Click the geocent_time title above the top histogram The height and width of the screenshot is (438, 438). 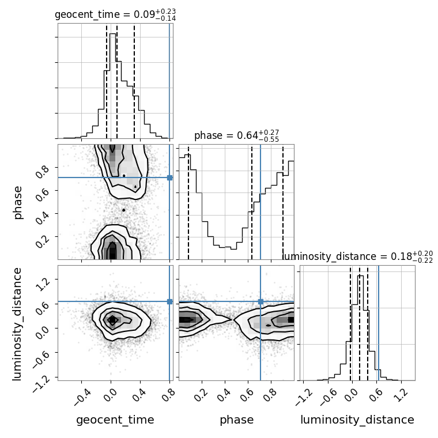115,14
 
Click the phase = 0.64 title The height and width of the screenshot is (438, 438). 237,136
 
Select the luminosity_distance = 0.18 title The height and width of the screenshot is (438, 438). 357,256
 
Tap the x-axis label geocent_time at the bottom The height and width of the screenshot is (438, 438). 115,420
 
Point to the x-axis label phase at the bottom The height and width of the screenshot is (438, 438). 237,420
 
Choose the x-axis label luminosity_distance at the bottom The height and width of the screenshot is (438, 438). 357,420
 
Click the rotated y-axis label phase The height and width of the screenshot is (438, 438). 18,203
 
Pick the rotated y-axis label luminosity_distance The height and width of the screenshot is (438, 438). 17,323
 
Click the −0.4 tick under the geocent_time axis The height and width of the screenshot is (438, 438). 83,397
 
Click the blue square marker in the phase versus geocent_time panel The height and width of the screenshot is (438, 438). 169,178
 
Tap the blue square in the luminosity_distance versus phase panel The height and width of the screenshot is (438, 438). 260,301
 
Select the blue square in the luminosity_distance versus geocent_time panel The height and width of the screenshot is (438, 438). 169,301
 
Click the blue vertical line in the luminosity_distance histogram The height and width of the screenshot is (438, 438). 379,323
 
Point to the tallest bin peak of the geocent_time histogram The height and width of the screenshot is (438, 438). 112,34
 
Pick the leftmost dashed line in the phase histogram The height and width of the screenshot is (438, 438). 188,203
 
